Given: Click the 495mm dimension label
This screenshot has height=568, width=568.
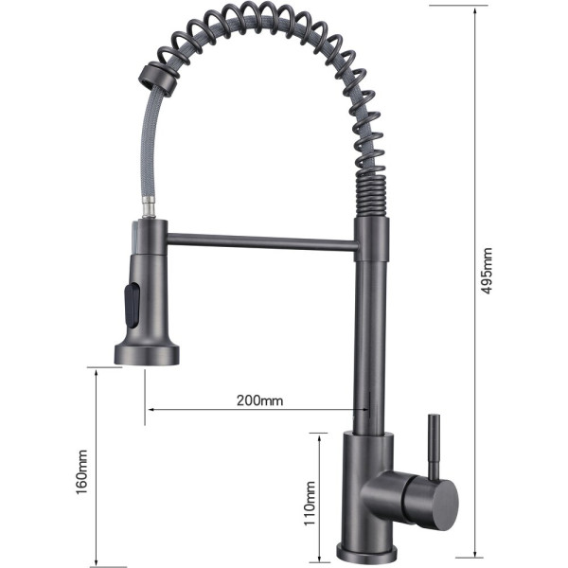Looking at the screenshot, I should click(x=488, y=273).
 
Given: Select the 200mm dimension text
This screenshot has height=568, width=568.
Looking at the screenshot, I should click(x=259, y=399).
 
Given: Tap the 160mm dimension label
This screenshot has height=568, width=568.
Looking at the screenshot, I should click(x=82, y=470).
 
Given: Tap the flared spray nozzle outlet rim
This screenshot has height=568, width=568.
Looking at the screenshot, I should click(x=147, y=355).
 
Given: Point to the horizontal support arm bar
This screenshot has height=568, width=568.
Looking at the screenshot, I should click(x=260, y=243).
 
